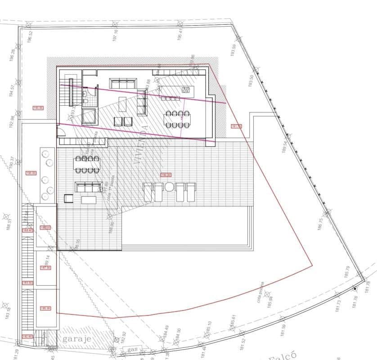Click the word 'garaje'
pos(78,338)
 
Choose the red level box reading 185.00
pos(45,309)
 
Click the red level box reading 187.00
pos(45,268)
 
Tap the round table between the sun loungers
pos(169,187)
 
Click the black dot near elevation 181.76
pos(355,288)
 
